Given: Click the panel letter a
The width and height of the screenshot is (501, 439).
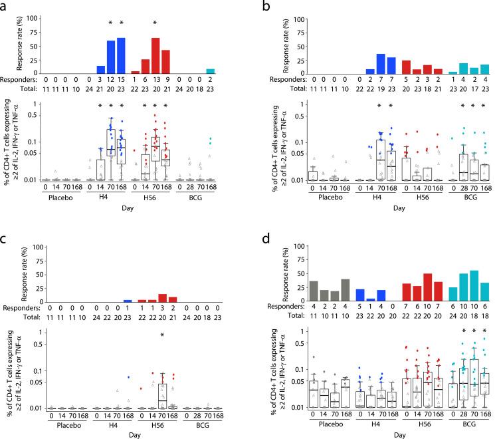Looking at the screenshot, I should (5, 6).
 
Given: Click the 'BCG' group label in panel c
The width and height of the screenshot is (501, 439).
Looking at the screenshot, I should (198, 428).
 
